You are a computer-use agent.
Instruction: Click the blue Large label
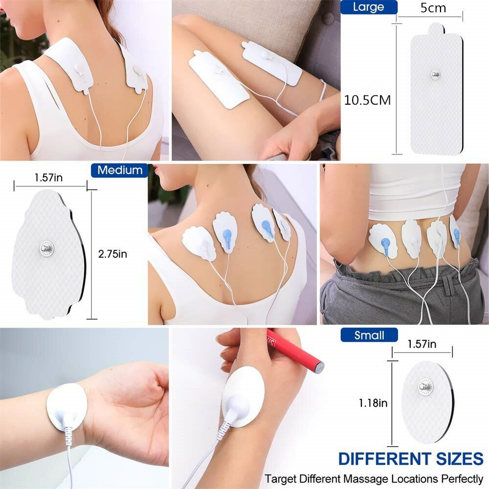(x=368, y=7)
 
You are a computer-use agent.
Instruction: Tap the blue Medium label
(x=120, y=170)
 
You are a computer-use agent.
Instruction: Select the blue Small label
(x=369, y=335)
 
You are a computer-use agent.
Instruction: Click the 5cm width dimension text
(x=433, y=8)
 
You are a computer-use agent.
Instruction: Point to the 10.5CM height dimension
(x=367, y=100)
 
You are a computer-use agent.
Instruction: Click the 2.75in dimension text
(x=112, y=254)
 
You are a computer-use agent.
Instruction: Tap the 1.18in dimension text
(x=373, y=403)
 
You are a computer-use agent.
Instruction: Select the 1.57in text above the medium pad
(x=48, y=178)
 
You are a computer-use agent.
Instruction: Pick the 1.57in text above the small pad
(x=422, y=344)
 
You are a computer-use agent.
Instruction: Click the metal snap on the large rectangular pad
(x=436, y=74)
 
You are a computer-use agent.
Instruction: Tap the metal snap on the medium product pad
(x=47, y=248)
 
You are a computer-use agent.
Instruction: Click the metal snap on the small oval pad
(x=425, y=387)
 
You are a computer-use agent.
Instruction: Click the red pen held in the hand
(x=295, y=351)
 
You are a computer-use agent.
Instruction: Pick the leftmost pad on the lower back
(x=383, y=241)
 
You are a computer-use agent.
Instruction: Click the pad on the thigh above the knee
(x=219, y=79)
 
